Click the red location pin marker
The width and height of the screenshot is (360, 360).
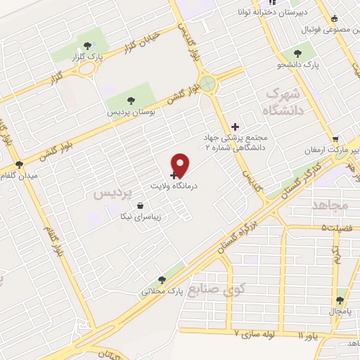point(181,165)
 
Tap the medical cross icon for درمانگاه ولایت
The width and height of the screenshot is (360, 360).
point(174,174)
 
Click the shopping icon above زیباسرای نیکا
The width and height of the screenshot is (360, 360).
point(143,207)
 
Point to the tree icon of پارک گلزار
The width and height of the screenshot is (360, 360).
point(86,46)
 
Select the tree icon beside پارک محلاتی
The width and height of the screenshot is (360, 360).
point(162,280)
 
